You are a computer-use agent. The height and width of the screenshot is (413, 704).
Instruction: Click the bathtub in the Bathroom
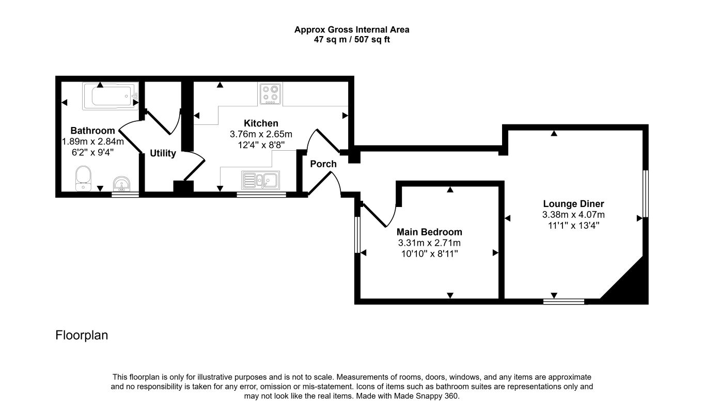(111, 96)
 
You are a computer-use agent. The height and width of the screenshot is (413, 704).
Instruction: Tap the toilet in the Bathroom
(84, 179)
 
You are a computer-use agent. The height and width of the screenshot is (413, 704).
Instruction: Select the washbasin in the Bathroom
(121, 184)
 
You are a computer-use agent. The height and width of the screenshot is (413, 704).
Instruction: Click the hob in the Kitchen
(271, 93)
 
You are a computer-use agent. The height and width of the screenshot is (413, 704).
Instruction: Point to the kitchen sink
(260, 180)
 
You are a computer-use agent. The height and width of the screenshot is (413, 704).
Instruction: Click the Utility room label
(163, 153)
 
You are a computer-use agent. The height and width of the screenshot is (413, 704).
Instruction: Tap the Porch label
(323, 164)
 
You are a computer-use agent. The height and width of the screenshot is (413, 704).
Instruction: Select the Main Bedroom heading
(429, 232)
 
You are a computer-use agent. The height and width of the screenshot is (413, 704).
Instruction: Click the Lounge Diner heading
(573, 204)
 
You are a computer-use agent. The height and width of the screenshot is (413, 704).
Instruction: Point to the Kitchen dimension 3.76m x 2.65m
(261, 134)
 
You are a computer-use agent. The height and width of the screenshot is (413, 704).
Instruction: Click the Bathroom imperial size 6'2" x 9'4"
(92, 152)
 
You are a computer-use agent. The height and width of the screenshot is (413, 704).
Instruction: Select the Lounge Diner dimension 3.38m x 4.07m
(573, 215)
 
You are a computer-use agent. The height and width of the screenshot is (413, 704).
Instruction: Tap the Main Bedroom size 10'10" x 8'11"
(429, 253)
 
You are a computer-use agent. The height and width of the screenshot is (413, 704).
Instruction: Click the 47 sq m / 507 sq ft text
(352, 40)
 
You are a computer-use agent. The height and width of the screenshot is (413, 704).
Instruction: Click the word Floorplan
(82, 335)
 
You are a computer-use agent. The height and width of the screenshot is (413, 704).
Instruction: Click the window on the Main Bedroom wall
(357, 234)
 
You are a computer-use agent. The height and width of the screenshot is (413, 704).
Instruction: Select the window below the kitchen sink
(261, 195)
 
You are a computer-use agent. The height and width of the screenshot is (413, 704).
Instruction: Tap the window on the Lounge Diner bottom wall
(564, 301)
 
